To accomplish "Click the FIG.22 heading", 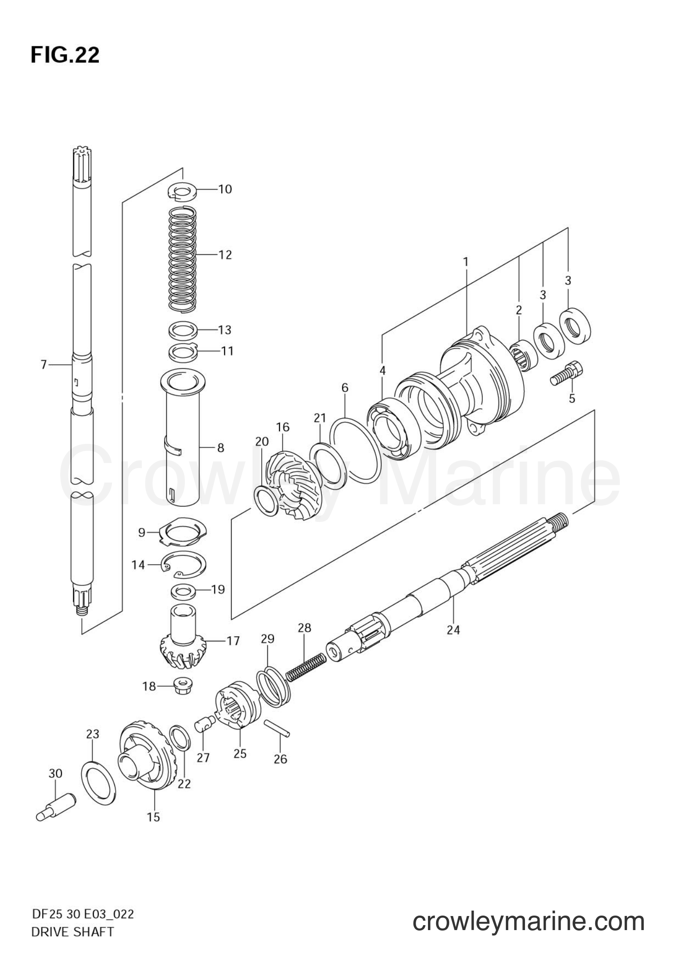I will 65,55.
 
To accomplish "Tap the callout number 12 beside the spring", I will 225,255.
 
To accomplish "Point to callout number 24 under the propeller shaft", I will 453,630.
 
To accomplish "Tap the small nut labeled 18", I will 182,686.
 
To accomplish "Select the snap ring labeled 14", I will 185,564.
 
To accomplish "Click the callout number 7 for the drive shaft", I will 44,365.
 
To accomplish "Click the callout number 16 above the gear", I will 282,427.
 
